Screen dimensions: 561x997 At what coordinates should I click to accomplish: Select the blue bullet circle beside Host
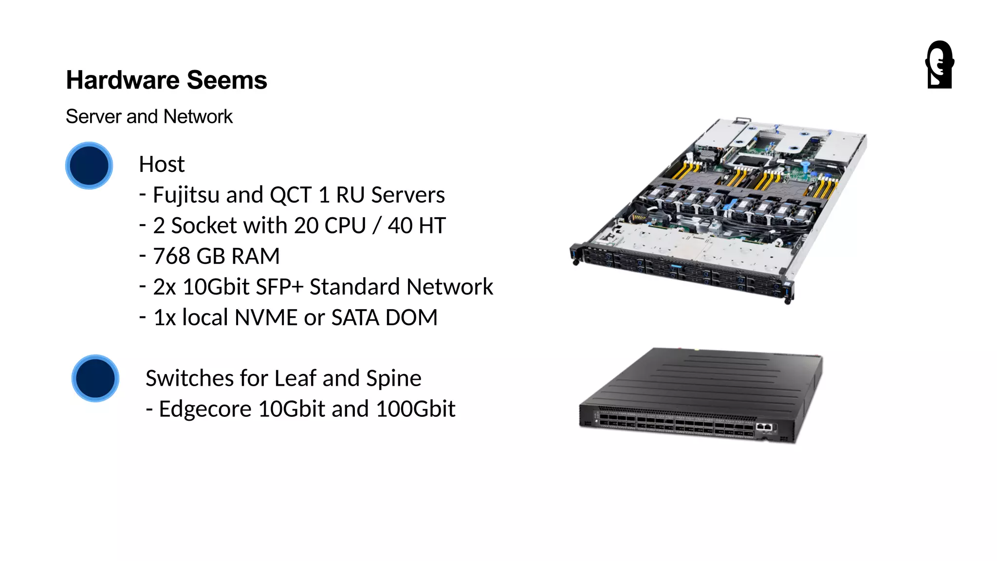pos(89,166)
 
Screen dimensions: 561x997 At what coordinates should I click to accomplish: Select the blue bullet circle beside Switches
pos(95,378)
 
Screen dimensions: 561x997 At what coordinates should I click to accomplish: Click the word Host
pos(162,165)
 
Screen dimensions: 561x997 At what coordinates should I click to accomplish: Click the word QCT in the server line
pos(290,195)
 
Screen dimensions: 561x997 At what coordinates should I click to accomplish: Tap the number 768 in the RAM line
pos(171,257)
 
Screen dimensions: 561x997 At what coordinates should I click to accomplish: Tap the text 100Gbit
pos(415,410)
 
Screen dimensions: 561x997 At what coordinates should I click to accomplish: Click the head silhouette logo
pos(940,65)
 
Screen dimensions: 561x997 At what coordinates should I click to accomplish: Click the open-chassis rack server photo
pos(719,209)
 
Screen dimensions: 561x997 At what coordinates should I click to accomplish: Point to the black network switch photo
pos(701,394)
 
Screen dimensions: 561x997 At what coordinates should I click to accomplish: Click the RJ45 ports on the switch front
pos(764,427)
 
